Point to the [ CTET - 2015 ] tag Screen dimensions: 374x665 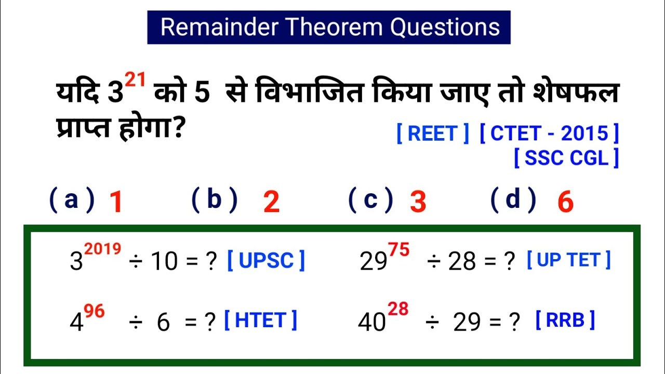[x=549, y=134]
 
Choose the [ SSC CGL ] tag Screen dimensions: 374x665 [x=566, y=158]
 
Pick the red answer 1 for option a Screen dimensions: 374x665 [x=116, y=203]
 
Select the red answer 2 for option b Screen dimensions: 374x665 [x=271, y=203]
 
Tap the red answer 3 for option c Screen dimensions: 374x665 [x=418, y=203]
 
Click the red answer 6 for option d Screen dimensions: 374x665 [x=565, y=203]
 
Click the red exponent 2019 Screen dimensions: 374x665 [x=103, y=249]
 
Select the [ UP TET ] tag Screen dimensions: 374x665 [x=569, y=260]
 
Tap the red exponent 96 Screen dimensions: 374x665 [x=94, y=312]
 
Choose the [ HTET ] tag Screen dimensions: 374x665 [x=260, y=320]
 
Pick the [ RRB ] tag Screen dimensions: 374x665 [x=565, y=320]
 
